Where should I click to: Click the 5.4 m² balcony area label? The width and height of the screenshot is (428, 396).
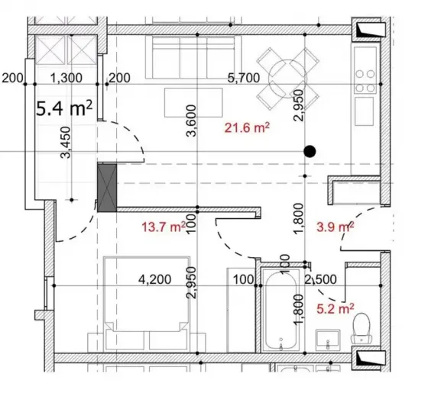[x=64, y=109]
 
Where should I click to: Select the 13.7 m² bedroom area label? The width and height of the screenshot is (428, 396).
[x=163, y=227]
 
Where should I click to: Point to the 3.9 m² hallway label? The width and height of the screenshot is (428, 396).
[x=334, y=227]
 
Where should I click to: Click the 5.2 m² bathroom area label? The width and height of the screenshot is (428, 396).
[x=334, y=309]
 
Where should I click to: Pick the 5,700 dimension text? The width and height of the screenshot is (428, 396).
[x=245, y=77]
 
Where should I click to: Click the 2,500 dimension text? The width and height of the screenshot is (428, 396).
[x=320, y=280]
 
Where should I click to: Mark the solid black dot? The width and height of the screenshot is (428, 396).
[x=310, y=151]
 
